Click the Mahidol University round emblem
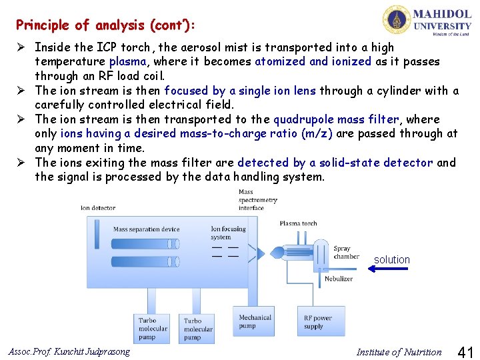pyautogui.click(x=397, y=19)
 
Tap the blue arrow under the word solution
pyautogui.click(x=391, y=269)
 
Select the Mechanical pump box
pyautogui.click(x=255, y=321)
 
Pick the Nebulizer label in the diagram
pyautogui.click(x=339, y=279)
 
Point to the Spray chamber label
pyautogui.click(x=346, y=253)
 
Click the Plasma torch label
pyautogui.click(x=298, y=224)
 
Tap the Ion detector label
pyautogui.click(x=98, y=208)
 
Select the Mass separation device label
pyautogui.click(x=146, y=229)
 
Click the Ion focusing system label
pyautogui.click(x=229, y=233)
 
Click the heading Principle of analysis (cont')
pyautogui.click(x=106, y=25)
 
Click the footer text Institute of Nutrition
pyautogui.click(x=399, y=352)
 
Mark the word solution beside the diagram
pyautogui.click(x=391, y=259)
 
